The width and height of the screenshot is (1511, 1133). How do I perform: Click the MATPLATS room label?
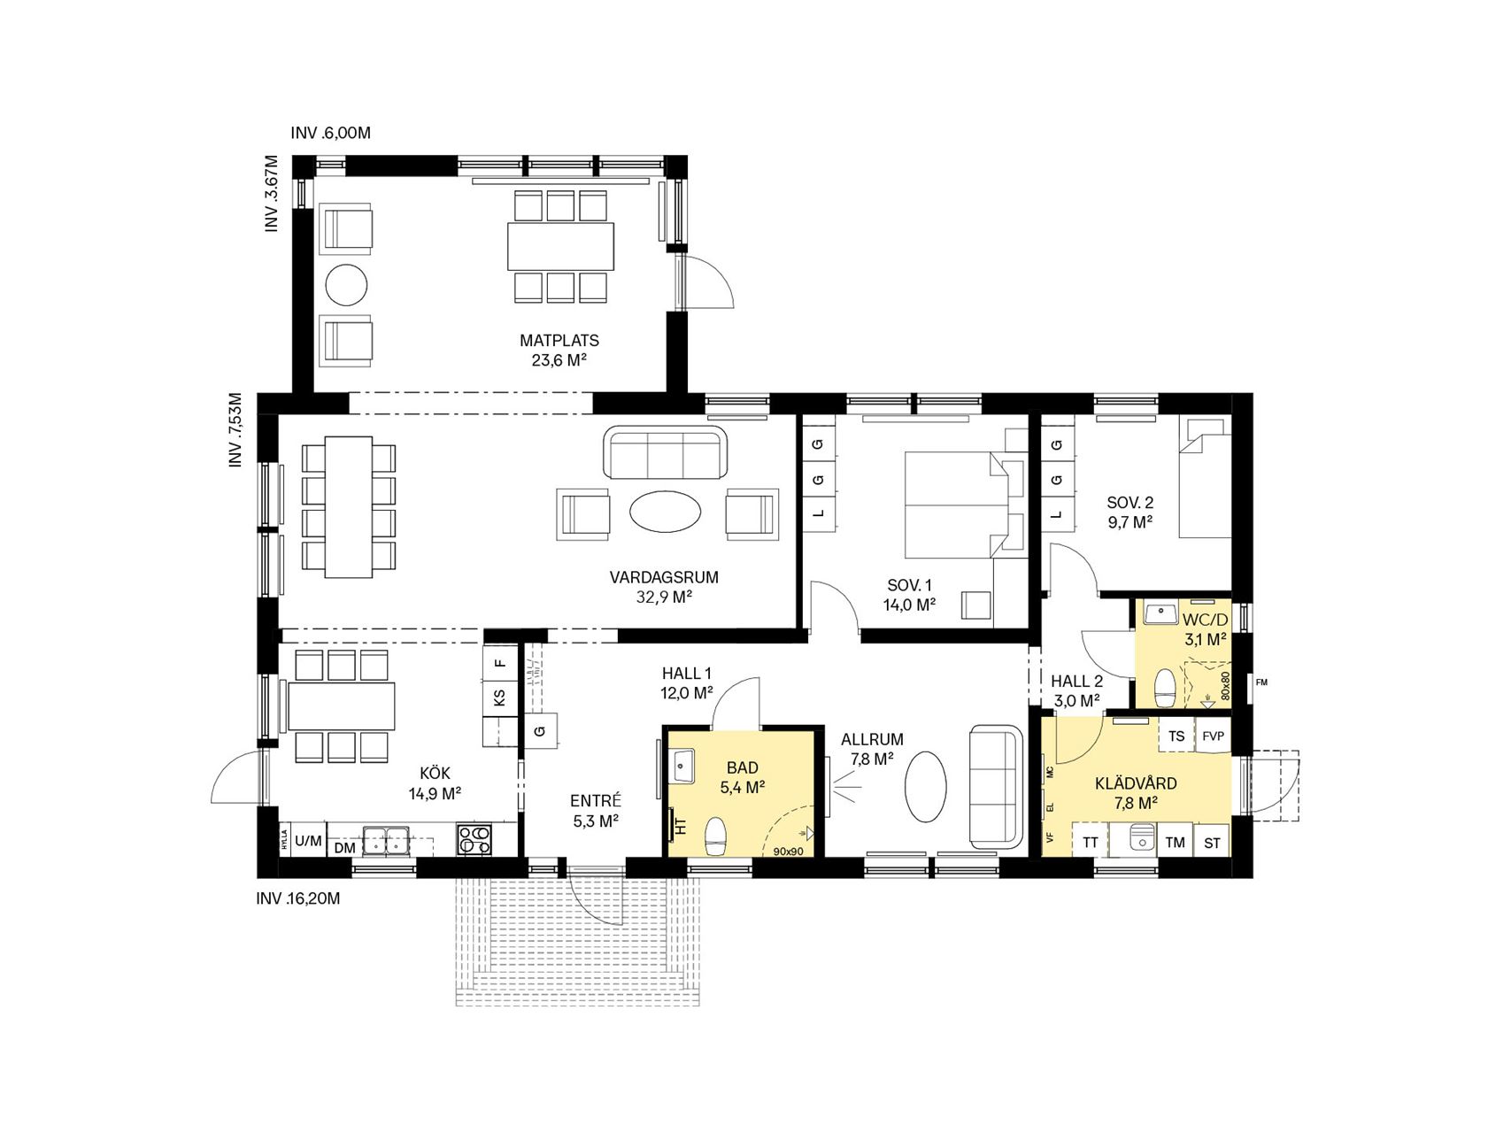pyautogui.click(x=559, y=341)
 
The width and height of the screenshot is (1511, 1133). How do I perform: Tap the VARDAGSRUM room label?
pyautogui.click(x=664, y=578)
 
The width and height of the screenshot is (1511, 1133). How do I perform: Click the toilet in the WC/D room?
pyautogui.click(x=1165, y=689)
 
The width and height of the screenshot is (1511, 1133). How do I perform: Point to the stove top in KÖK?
pyautogui.click(x=474, y=839)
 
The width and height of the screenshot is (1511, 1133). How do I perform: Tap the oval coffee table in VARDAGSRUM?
pyautogui.click(x=666, y=512)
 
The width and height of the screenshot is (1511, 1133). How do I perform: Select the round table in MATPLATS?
pyautogui.click(x=346, y=285)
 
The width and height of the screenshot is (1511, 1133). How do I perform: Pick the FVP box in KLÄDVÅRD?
pyautogui.click(x=1213, y=736)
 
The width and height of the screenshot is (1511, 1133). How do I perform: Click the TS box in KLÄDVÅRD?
pyautogui.click(x=1176, y=736)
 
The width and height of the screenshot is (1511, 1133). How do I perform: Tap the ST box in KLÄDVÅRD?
pyautogui.click(x=1213, y=843)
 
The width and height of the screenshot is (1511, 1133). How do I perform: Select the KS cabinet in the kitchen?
pyautogui.click(x=499, y=697)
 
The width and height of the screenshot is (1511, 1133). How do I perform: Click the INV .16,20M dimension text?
pyautogui.click(x=298, y=898)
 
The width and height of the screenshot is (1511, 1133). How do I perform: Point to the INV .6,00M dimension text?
pyautogui.click(x=330, y=134)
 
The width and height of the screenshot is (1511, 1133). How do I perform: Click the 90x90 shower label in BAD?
pyautogui.click(x=788, y=852)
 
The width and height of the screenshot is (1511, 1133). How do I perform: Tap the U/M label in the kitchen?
pyautogui.click(x=309, y=841)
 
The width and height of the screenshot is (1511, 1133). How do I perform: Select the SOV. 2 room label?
pyautogui.click(x=1130, y=503)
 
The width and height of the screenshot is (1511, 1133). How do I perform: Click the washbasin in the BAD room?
pyautogui.click(x=682, y=766)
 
